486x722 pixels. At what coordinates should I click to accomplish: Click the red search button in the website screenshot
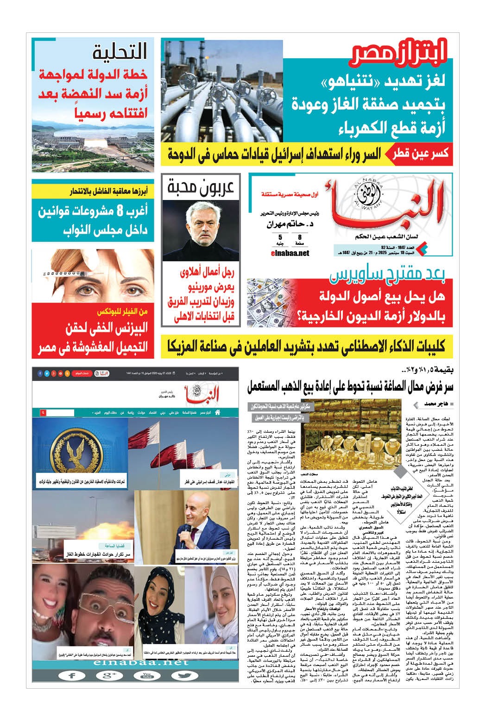click(43, 411)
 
